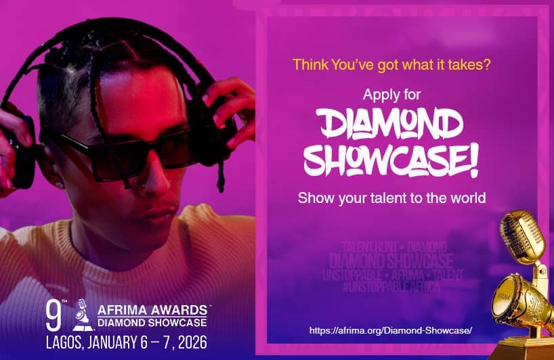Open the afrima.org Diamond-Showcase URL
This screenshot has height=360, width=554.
pos(390,330)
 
